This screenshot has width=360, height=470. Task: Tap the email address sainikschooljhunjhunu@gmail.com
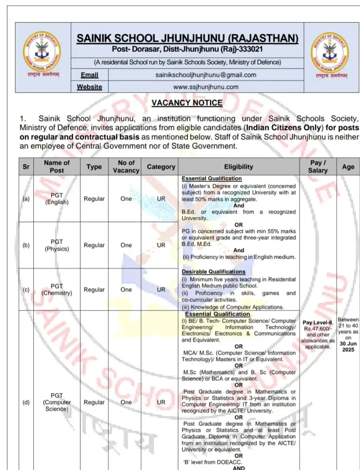pyautogui.click(x=206, y=75)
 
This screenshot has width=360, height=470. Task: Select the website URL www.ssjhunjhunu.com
pyautogui.click(x=206, y=87)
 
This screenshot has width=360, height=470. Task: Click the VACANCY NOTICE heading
pyautogui.click(x=187, y=103)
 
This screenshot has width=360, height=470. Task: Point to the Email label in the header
pyautogui.click(x=90, y=75)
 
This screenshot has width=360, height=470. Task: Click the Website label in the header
pyautogui.click(x=90, y=87)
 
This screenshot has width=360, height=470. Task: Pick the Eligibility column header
pyautogui.click(x=239, y=167)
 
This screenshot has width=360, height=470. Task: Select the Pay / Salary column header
pyautogui.click(x=318, y=167)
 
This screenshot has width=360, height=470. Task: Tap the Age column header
pyautogui.click(x=348, y=167)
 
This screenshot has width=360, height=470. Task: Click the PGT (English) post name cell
pyautogui.click(x=57, y=199)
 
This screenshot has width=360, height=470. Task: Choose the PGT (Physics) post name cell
pyautogui.click(x=57, y=245)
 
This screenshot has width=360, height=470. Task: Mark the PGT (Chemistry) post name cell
pyautogui.click(x=57, y=289)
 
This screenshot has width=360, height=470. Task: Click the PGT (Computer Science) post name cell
pyautogui.click(x=57, y=402)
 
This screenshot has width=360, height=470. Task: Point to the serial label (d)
pyautogui.click(x=26, y=402)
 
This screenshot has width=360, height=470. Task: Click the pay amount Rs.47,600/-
pyautogui.click(x=318, y=329)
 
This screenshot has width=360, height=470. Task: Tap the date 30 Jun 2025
pyautogui.click(x=348, y=347)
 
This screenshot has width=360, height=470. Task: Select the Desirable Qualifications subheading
pyautogui.click(x=214, y=272)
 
